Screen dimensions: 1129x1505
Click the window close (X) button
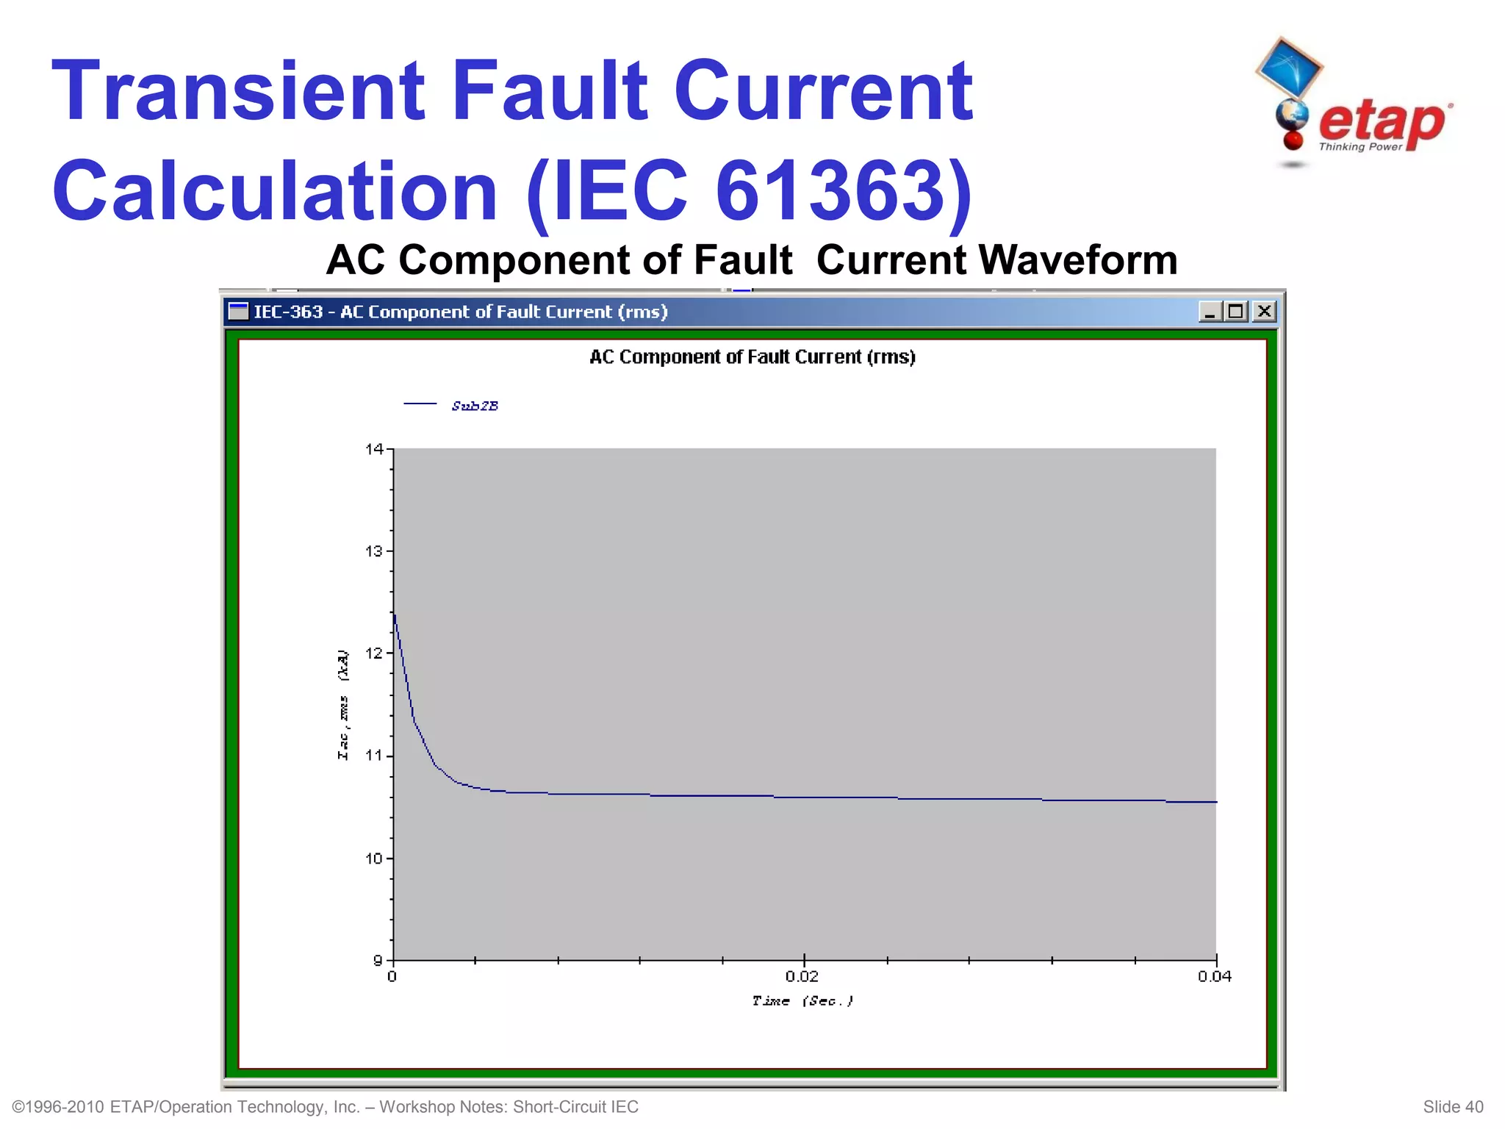coord(1264,312)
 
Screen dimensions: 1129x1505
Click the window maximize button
coord(1236,312)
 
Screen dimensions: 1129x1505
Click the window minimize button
coord(1210,312)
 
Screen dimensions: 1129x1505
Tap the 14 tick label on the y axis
coord(374,449)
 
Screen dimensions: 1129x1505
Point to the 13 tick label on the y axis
coord(374,551)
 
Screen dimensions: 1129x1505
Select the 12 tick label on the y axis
coord(374,653)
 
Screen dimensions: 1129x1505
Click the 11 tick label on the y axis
coord(374,756)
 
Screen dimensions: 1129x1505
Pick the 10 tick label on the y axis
coord(374,859)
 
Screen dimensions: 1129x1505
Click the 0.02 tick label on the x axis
coord(802,977)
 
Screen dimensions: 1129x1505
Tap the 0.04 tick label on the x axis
coord(1215,977)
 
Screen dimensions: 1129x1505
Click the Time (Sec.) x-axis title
coord(802,1001)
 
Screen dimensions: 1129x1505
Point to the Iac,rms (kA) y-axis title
coord(343,705)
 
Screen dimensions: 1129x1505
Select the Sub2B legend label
coord(475,406)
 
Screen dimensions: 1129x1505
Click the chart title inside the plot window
coord(752,357)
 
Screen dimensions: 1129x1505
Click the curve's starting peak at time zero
coord(395,614)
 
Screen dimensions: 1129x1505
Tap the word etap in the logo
coord(1382,122)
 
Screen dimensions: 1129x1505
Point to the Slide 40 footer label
coord(1453,1107)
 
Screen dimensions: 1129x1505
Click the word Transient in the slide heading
coord(239,92)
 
